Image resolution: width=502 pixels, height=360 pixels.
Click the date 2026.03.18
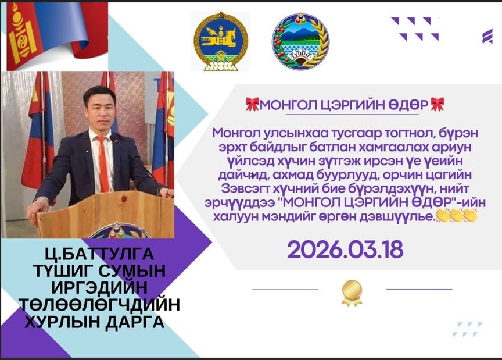tap(345, 249)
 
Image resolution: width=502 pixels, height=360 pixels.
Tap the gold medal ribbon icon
tap(352, 293)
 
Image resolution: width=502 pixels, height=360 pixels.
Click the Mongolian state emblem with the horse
tap(221, 41)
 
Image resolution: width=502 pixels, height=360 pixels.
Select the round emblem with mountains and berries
tap(300, 41)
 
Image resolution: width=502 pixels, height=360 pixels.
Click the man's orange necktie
tap(103, 163)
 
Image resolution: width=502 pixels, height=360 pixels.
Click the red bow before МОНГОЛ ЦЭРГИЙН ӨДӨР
tap(252, 105)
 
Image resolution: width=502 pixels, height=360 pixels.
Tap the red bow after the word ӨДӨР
tap(438, 104)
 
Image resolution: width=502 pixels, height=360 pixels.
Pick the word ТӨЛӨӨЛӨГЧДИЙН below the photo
tap(99, 305)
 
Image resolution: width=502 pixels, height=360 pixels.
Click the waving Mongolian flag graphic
tap(57, 36)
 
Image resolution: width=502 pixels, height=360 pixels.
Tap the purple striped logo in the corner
tap(487, 36)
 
